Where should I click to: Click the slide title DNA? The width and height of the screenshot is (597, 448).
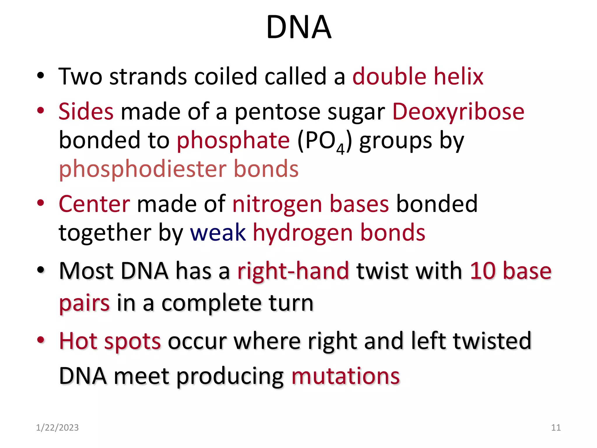point(298,27)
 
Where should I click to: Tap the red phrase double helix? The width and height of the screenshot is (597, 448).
point(418,76)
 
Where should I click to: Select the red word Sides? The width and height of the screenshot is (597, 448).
point(86,111)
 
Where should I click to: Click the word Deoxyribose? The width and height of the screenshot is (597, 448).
point(458,112)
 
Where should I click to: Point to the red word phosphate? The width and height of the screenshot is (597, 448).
point(233,141)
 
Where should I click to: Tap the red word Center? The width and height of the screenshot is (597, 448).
point(94,204)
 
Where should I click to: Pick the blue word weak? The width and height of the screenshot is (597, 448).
point(218,233)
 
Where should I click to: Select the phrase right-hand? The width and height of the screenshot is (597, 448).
point(293,271)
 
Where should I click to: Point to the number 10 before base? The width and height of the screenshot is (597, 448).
point(483,271)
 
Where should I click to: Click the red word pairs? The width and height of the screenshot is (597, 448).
point(84,303)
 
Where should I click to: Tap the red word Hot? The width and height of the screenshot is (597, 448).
point(78,341)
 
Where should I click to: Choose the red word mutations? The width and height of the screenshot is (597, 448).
point(345,376)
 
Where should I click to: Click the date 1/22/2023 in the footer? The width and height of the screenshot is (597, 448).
point(57,428)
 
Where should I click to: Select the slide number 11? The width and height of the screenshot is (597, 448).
point(556,428)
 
